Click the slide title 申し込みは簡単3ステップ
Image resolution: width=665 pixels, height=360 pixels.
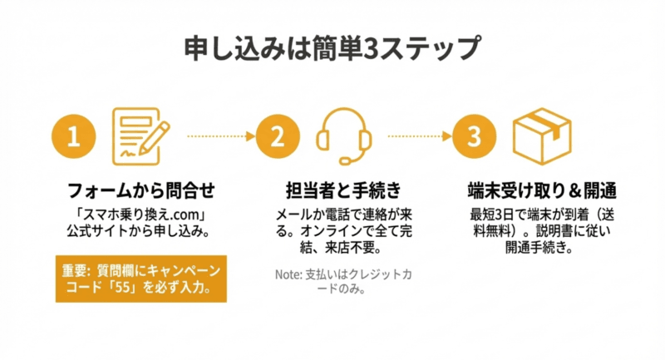[x=332, y=47]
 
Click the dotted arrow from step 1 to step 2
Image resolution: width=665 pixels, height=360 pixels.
[x=217, y=136]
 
